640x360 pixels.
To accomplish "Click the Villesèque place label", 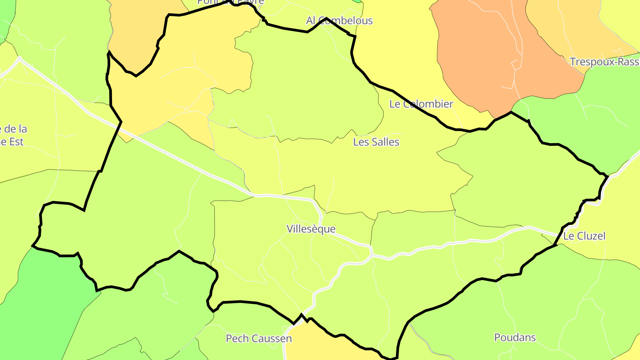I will coord(311,229).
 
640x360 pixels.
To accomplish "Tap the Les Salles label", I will coord(376,142).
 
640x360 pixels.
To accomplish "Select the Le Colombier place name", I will coord(421,104).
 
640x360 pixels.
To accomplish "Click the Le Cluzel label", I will coord(584,236).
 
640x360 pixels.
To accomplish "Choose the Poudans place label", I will coord(515,337).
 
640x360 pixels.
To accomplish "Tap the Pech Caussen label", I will coord(259,339).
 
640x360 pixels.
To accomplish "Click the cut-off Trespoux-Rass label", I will coord(604,62).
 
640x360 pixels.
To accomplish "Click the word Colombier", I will coord(428,104).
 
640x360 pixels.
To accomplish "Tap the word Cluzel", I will coord(591,236).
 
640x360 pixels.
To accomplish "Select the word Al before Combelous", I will coord(311,20).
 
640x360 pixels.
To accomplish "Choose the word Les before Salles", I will coord(360,142).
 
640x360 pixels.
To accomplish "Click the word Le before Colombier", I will coord(394,104).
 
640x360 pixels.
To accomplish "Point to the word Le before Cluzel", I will coord(568,236).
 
